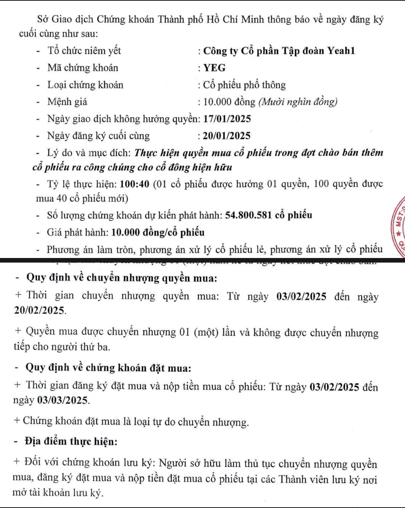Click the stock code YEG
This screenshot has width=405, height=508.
215,68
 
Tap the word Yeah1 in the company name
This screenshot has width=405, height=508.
341,51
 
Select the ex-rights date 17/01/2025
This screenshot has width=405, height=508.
227,119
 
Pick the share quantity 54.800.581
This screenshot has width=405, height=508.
248,215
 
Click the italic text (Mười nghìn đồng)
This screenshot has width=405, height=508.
298,102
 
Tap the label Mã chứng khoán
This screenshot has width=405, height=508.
83,68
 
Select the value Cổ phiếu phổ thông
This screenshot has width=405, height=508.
244,85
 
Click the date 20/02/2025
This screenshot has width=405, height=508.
39,311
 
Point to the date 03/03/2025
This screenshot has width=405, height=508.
63,401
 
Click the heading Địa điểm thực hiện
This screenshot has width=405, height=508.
71,442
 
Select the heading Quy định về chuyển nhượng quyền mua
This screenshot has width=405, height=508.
121,278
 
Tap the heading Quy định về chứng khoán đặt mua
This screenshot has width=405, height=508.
108,368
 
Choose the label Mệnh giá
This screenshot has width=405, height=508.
67,102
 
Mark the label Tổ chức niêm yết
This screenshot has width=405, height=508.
84,51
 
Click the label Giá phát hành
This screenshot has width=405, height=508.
78,232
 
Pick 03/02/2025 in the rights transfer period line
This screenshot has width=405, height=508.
302,297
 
